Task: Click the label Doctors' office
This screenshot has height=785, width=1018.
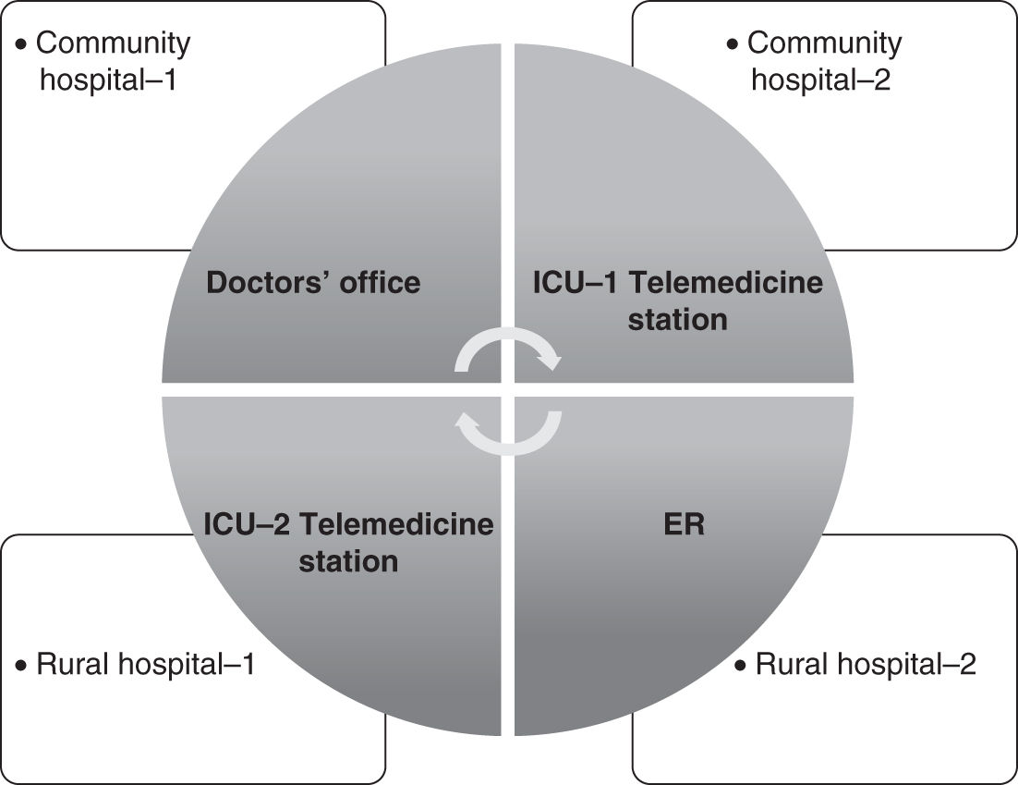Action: [x=313, y=282]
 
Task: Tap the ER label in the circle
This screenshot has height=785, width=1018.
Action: [x=684, y=524]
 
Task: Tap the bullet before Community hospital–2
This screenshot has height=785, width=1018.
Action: [x=733, y=43]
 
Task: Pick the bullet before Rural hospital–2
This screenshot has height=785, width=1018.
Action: [x=741, y=666]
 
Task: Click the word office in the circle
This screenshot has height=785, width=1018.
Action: [x=380, y=282]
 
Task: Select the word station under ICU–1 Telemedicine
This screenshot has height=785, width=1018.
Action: [x=677, y=320]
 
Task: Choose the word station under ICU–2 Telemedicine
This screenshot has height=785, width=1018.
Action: [x=348, y=561]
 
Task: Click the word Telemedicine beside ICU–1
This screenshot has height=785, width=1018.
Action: [x=725, y=282]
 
